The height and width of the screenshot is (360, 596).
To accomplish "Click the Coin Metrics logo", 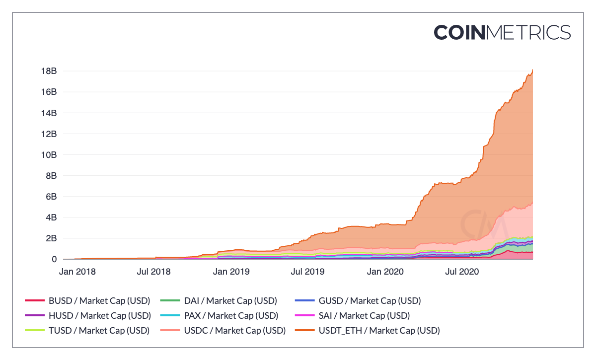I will coord(502,32).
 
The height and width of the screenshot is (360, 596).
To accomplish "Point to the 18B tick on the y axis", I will coord(48,71).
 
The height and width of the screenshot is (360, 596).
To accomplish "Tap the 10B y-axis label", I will coord(48,155).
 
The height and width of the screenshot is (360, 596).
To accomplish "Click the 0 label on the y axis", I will coord(54,259).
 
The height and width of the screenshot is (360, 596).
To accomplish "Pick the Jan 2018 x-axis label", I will coord(77,272).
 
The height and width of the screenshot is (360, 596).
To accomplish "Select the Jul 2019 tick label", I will coord(307,272).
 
